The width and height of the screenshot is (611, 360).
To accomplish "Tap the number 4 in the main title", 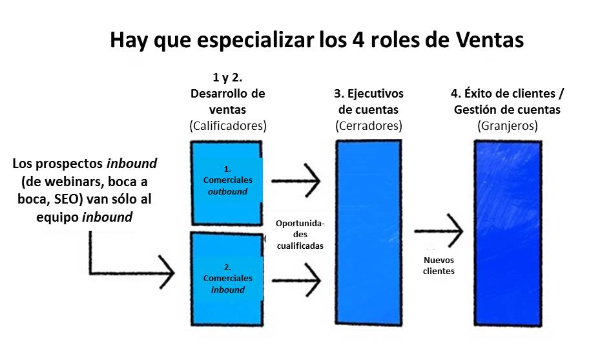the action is coord(358,40).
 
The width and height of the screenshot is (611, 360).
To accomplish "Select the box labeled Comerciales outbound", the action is coord(227,183).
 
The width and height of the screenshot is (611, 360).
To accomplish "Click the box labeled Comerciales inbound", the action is coord(227,279).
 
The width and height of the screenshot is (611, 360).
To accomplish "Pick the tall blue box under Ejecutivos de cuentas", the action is coord(369,232).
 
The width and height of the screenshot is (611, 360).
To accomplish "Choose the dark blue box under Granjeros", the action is coord(508,233).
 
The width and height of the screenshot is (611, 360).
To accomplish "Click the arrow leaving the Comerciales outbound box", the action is coord(296,180).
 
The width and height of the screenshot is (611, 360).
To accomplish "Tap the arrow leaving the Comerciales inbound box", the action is coord(296,280).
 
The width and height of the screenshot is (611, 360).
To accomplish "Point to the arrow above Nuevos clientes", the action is coord(439,231).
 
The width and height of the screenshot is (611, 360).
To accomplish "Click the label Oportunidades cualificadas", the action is coord(300,235).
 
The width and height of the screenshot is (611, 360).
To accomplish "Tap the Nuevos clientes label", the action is coord(439,266).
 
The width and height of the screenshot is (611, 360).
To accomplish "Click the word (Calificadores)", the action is coord(228,125).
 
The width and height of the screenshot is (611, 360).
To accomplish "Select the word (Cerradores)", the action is coord(369,125).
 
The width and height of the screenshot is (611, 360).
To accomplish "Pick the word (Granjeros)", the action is coord(508,125).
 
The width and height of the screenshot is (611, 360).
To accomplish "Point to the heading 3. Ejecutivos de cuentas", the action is coord(369,101).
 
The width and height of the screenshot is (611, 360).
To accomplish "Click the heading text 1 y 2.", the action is coord(227,78).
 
